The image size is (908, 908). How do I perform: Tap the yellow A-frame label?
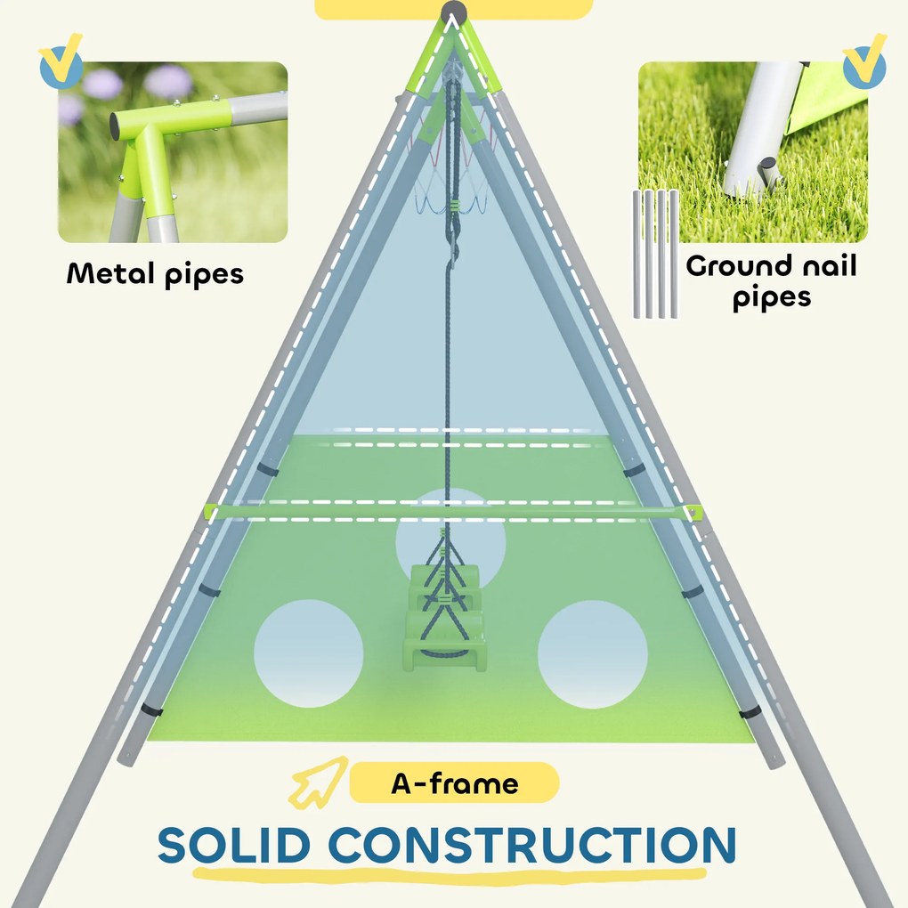[x=454, y=784]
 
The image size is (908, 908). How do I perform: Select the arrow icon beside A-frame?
[x=314, y=784]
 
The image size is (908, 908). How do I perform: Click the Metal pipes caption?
[x=155, y=273]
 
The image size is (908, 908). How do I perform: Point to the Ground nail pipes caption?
[x=771, y=280]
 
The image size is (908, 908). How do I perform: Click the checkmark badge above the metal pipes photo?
[x=61, y=61]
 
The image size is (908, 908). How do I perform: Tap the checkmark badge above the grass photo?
[x=863, y=63]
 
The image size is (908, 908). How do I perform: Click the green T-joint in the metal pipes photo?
[x=142, y=142]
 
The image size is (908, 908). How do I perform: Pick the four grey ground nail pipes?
[x=656, y=254]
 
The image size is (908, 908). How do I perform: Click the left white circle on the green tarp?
[x=309, y=653]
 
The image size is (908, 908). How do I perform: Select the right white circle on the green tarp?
[x=592, y=654]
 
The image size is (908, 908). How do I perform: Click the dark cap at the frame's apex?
[x=454, y=15]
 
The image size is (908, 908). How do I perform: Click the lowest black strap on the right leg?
[x=750, y=711]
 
